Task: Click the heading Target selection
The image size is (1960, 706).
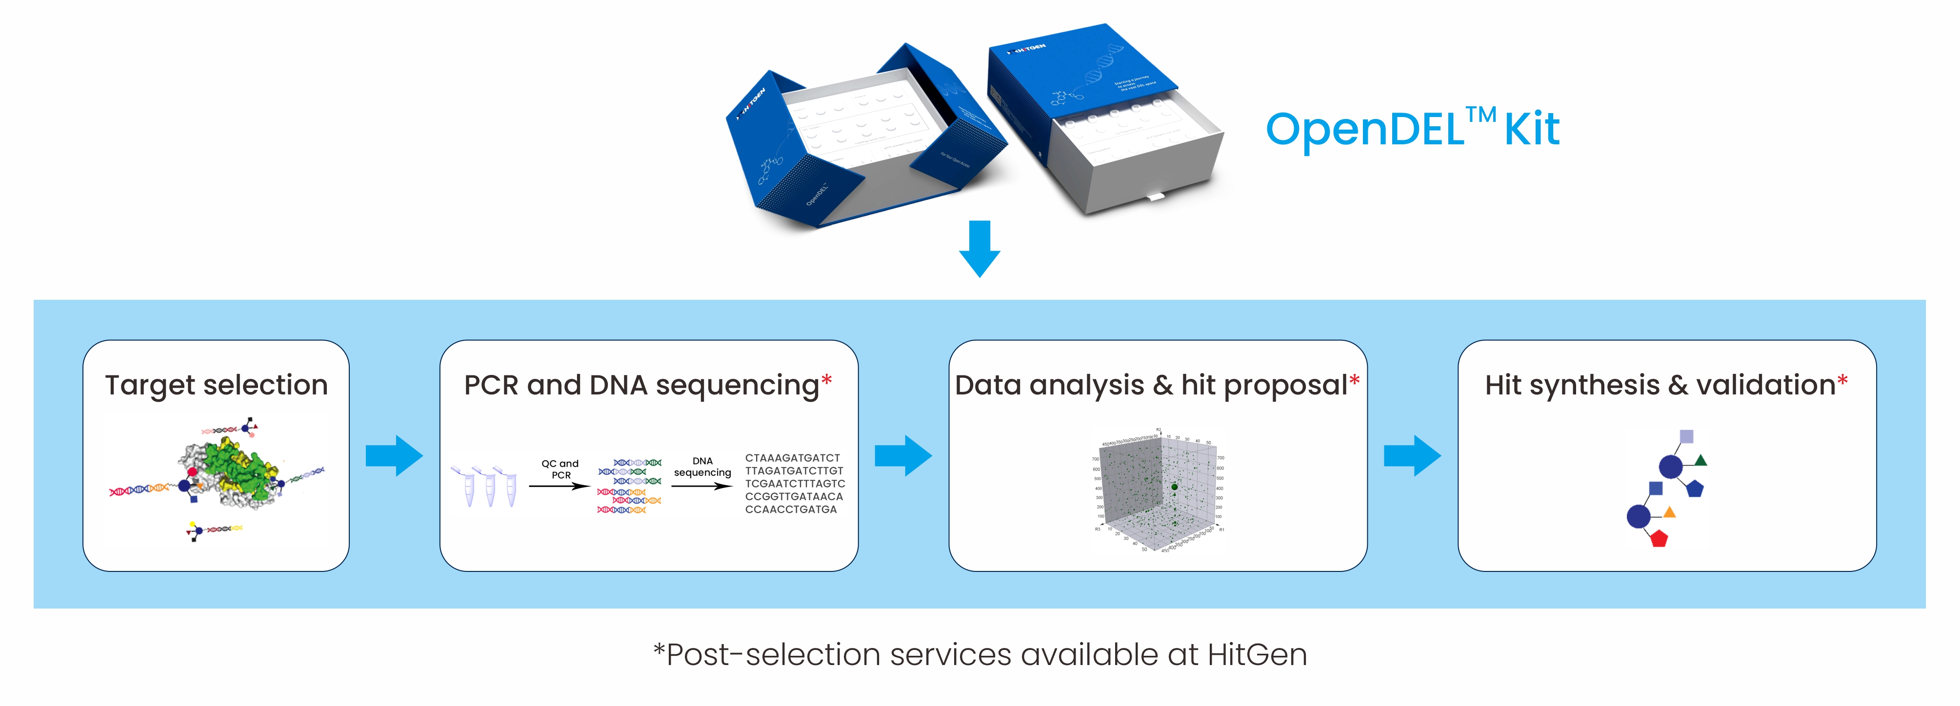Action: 216,385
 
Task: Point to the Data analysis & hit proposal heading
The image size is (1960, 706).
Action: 1151,385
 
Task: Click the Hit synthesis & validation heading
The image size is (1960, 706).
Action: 1660,385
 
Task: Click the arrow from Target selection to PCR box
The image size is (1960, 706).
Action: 394,456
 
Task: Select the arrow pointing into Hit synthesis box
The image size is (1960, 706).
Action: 1411,456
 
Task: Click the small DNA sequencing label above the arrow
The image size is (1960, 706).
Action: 702,466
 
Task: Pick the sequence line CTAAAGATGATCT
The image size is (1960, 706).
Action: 792,458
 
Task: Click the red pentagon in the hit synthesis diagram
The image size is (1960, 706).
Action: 1659,539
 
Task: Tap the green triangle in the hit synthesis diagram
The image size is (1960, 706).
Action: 1700,459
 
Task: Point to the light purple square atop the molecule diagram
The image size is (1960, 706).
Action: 1686,436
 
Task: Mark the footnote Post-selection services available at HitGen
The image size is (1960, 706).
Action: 980,654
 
